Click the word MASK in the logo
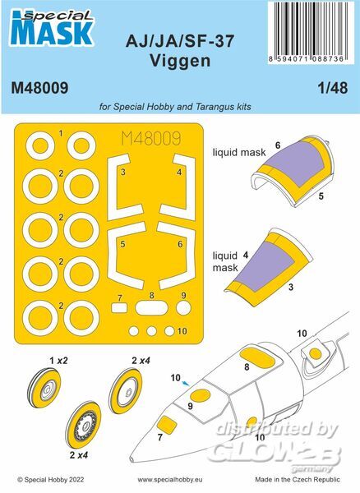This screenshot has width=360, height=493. pyautogui.click(x=52, y=33)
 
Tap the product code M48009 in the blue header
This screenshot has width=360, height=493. pyautogui.click(x=39, y=88)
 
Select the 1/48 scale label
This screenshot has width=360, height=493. pyautogui.click(x=333, y=88)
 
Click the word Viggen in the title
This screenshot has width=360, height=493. pyautogui.click(x=180, y=61)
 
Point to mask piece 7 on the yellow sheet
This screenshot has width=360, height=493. pyautogui.click(x=119, y=308)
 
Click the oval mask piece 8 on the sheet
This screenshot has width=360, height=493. pyautogui.click(x=151, y=308)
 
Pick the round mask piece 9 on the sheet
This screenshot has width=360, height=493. pyautogui.click(x=183, y=308)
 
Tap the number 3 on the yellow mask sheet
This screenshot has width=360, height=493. pyautogui.click(x=123, y=173)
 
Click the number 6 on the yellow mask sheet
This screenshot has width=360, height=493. pyautogui.click(x=180, y=244)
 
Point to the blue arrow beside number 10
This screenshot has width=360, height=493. pyautogui.click(x=186, y=383)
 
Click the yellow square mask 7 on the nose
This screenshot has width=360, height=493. pyautogui.click(x=167, y=425)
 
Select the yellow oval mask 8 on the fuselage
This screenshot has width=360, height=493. pyautogui.click(x=256, y=356)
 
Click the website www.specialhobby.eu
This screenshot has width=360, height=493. pyautogui.click(x=170, y=480)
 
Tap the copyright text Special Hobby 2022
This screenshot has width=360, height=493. pyautogui.click(x=51, y=480)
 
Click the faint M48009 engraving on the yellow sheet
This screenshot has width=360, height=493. pyautogui.click(x=151, y=138)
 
